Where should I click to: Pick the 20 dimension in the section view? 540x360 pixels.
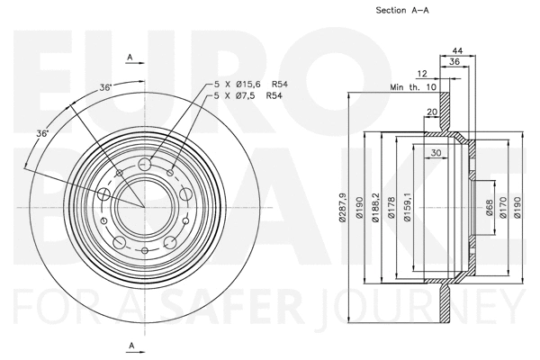[x=432, y=112]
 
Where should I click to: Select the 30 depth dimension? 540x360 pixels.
[x=435, y=153]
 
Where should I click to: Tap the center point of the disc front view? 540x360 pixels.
[x=145, y=206]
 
